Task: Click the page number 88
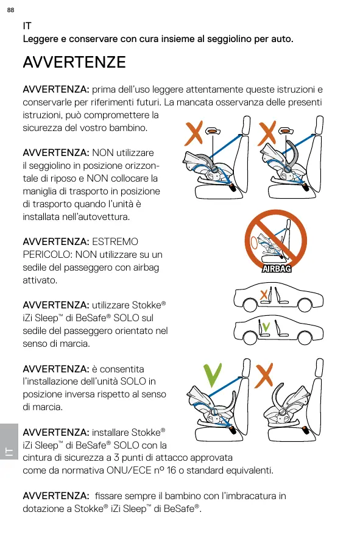point(11,10)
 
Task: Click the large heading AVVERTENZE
point(74,62)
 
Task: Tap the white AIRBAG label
point(277,268)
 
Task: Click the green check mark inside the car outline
point(266,326)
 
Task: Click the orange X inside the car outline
point(264,294)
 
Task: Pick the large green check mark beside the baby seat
point(213,375)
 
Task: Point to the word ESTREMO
point(115,242)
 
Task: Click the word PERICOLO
point(46,255)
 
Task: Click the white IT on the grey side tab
point(9,452)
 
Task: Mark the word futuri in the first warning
point(149,102)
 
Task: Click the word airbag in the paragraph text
point(144,268)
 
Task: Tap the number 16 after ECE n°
point(171,471)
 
